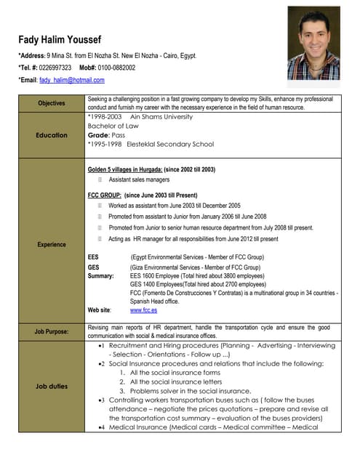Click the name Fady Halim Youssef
pyautogui.click(x=60, y=39)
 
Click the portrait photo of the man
pyautogui.click(x=313, y=44)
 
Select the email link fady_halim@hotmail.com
pyautogui.click(x=72, y=80)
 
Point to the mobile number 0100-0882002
pyautogui.click(x=116, y=68)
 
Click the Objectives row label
pyautogui.click(x=51, y=103)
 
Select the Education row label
pyautogui.click(x=51, y=135)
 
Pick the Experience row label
pyautogui.click(x=51, y=245)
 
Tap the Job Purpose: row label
pyautogui.click(x=51, y=332)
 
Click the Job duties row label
pyautogui.click(x=51, y=387)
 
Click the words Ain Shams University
pyautogui.click(x=161, y=116)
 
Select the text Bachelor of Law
pyautogui.click(x=113, y=126)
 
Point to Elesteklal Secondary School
pyautogui.click(x=171, y=144)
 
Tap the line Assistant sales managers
pyautogui.click(x=139, y=179)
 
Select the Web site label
pyautogui.click(x=100, y=310)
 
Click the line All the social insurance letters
pyautogui.click(x=176, y=381)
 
